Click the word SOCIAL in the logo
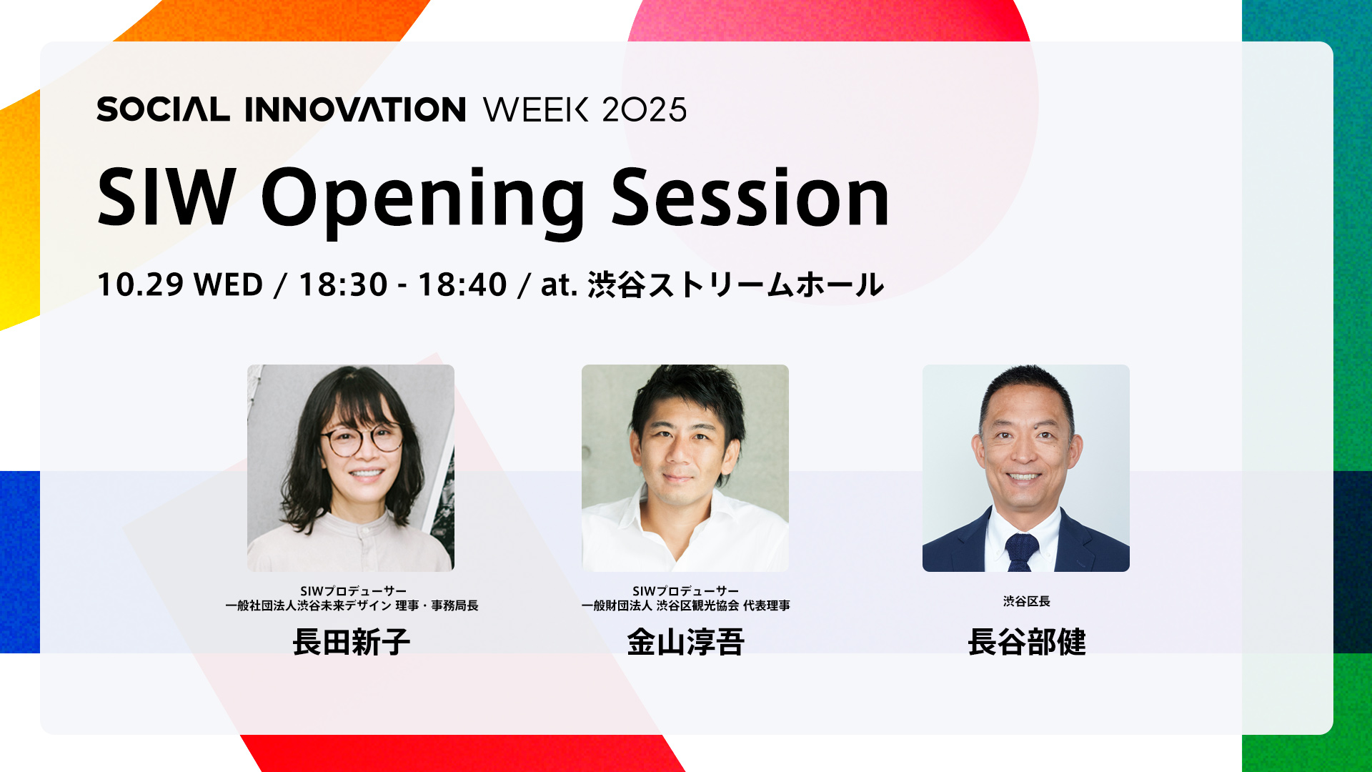[x=163, y=109]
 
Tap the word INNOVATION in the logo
[x=355, y=109]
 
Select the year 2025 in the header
[x=644, y=109]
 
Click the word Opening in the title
[x=423, y=201]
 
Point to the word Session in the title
[x=750, y=197]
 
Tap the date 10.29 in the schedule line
[x=140, y=284]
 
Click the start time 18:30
[x=343, y=284]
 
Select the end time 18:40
[x=462, y=284]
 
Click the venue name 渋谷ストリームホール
[x=736, y=284]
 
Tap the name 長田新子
[x=351, y=642]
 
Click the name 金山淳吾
[x=685, y=642]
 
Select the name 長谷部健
[x=1026, y=642]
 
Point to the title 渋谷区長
[x=1026, y=601]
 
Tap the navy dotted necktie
[x=1022, y=552]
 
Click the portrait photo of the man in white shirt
[x=685, y=468]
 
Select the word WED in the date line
[x=229, y=284]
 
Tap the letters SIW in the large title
[x=166, y=197]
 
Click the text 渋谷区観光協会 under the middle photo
[x=697, y=605]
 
